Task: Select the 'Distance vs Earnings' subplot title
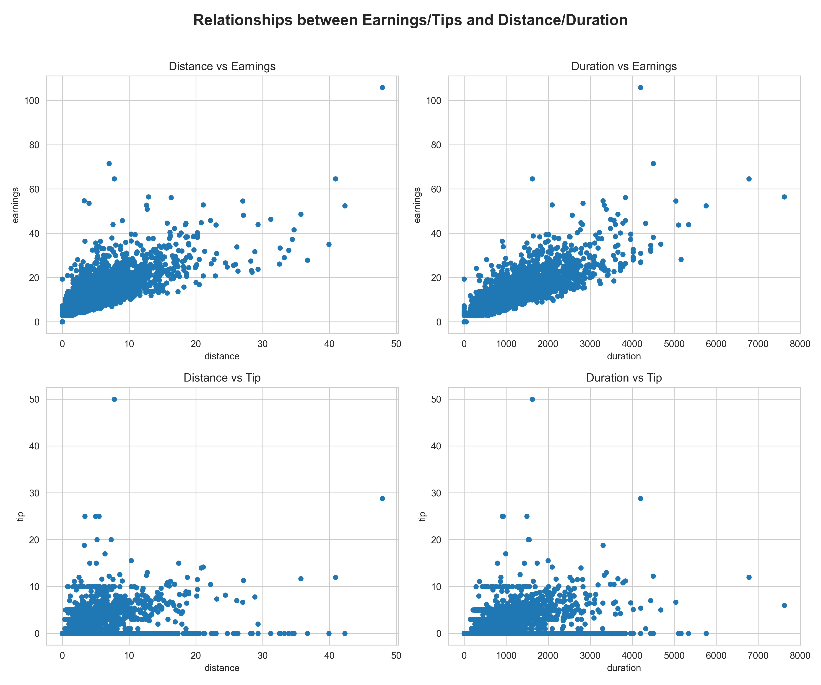222,66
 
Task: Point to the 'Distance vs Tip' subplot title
222,378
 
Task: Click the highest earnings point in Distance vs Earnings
382,88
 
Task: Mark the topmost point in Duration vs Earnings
640,88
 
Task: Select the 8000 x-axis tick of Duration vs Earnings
800,344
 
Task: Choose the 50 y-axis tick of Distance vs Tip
34,400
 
